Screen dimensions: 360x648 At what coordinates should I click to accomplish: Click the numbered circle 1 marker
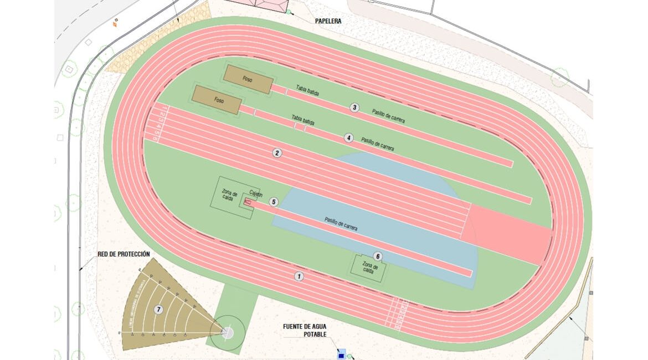point(299,276)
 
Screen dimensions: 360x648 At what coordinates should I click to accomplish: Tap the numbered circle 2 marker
point(277,153)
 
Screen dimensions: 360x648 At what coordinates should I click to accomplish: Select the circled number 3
point(354,107)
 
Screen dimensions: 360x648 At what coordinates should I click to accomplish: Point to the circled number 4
point(348,137)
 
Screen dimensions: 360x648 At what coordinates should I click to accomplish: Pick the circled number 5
point(273,202)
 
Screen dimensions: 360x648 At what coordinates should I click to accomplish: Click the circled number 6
point(378,256)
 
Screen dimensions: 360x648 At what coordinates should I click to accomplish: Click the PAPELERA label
point(328,22)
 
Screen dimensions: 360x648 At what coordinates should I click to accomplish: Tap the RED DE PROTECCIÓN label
point(124,254)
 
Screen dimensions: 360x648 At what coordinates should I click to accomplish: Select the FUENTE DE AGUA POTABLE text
point(305,331)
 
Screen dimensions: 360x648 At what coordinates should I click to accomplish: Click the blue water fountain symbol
point(341,353)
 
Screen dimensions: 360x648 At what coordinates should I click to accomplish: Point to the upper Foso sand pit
point(248,79)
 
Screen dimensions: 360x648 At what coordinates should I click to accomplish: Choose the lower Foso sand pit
point(217,100)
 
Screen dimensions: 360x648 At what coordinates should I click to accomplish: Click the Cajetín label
point(255,193)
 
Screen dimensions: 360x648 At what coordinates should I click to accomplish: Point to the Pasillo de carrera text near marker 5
point(341,224)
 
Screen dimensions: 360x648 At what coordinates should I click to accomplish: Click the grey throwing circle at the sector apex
point(228,332)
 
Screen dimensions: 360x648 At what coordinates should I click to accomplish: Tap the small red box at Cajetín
point(248,203)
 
